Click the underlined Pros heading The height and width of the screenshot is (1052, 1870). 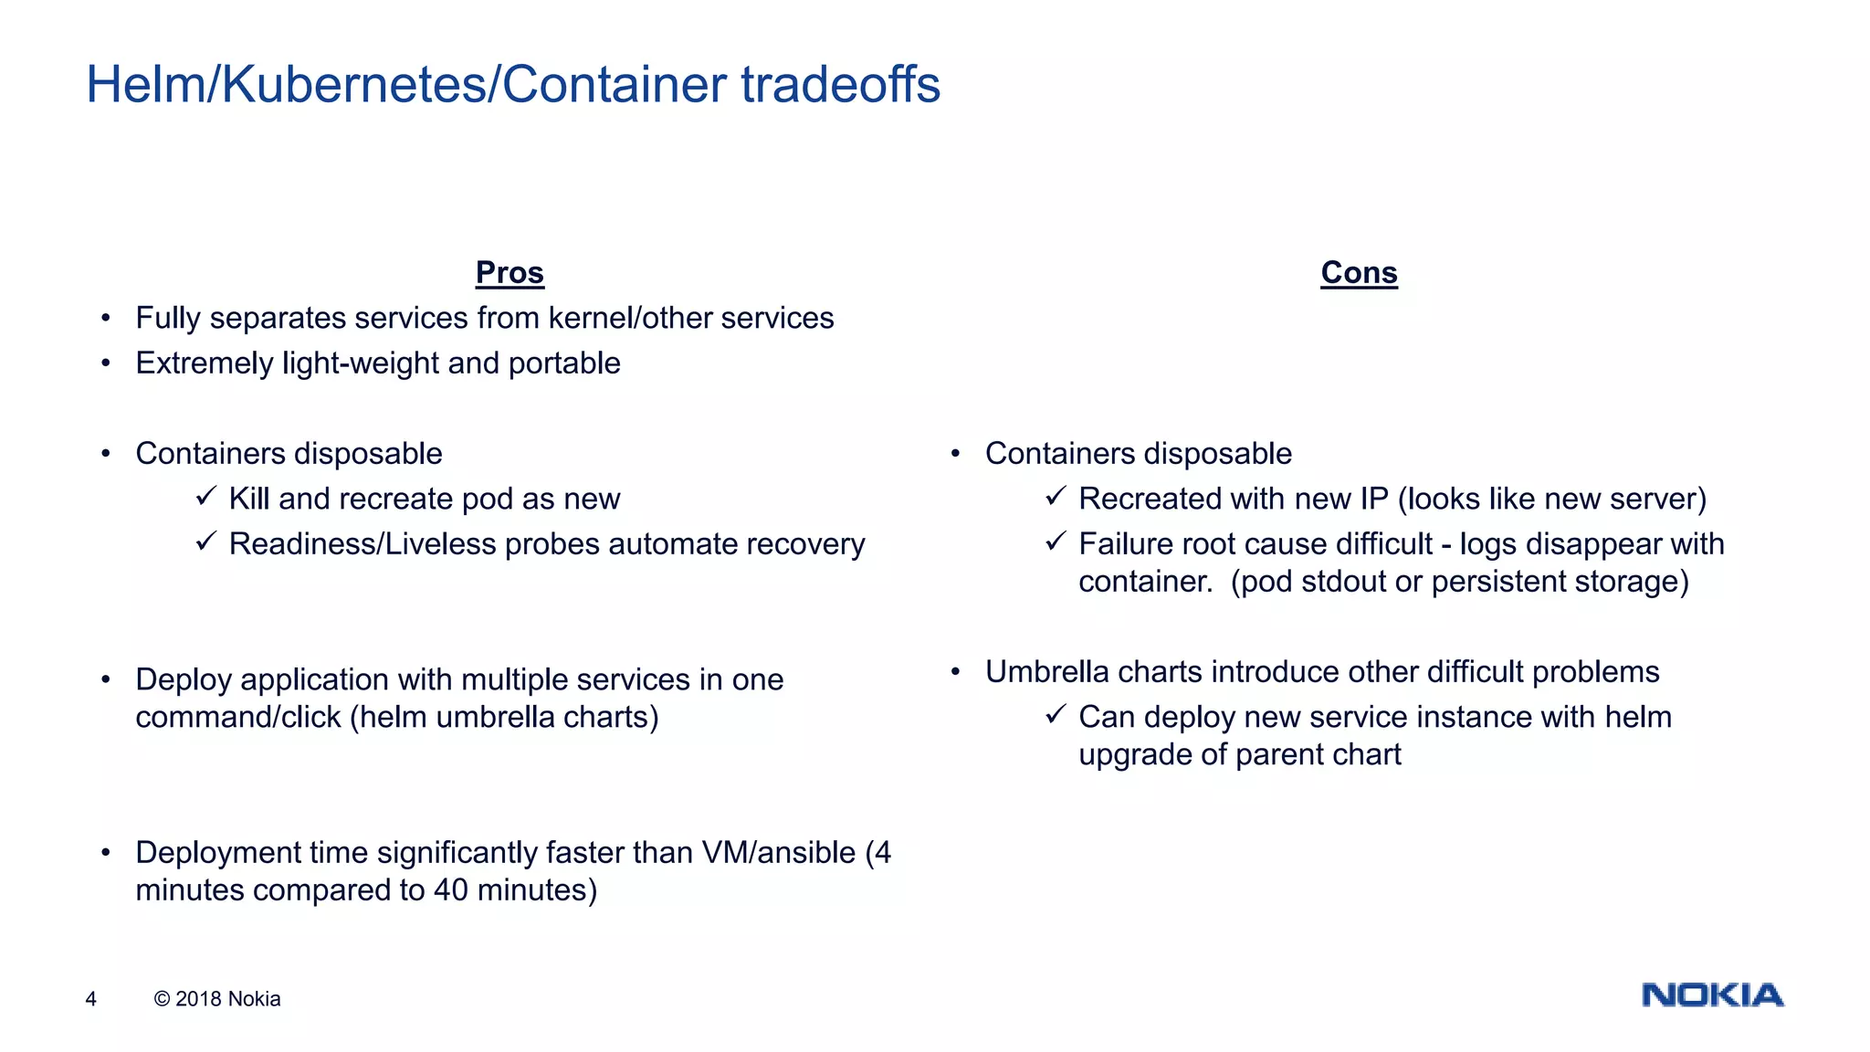(510, 272)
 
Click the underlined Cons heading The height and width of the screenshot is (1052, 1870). (1359, 272)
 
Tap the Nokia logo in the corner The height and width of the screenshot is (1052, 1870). (1712, 994)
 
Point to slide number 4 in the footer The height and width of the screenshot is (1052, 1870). (90, 999)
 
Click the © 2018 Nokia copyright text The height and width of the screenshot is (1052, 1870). (217, 999)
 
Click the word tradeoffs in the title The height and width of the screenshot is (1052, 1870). (840, 85)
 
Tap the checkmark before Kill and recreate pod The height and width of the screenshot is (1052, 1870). (205, 497)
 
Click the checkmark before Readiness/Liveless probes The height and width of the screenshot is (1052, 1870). (205, 542)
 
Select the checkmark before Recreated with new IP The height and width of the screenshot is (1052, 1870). (1056, 497)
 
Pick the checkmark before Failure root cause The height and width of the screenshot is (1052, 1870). (1056, 542)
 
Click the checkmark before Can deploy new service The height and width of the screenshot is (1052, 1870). (1056, 715)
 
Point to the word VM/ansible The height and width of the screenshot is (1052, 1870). (778, 853)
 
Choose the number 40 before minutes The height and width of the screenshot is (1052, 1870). (451, 890)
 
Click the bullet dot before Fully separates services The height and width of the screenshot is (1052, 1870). (106, 318)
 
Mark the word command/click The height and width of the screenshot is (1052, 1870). (238, 718)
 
